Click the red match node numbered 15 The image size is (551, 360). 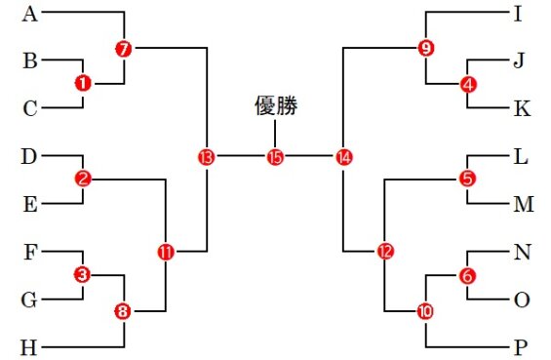pyautogui.click(x=274, y=156)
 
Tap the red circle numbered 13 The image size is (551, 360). pyautogui.click(x=206, y=156)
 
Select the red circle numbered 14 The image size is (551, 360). pyautogui.click(x=342, y=156)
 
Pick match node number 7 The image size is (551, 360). pyautogui.click(x=123, y=49)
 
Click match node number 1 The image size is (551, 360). pyautogui.click(x=82, y=84)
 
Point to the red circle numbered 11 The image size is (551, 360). pyautogui.click(x=165, y=251)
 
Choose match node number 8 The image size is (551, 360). pyautogui.click(x=123, y=311)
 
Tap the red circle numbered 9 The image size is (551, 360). pyautogui.click(x=424, y=48)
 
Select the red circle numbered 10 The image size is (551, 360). pyautogui.click(x=425, y=311)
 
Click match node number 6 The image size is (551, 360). pyautogui.click(x=468, y=276)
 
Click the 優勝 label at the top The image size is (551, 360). pyautogui.click(x=274, y=106)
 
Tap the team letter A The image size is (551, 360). pyautogui.click(x=29, y=14)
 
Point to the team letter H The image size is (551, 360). pyautogui.click(x=29, y=346)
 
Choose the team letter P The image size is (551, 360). pyautogui.click(x=523, y=346)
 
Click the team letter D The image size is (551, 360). pyautogui.click(x=29, y=155)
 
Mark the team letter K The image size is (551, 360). pyautogui.click(x=523, y=108)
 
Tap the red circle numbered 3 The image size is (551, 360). pyautogui.click(x=82, y=275)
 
